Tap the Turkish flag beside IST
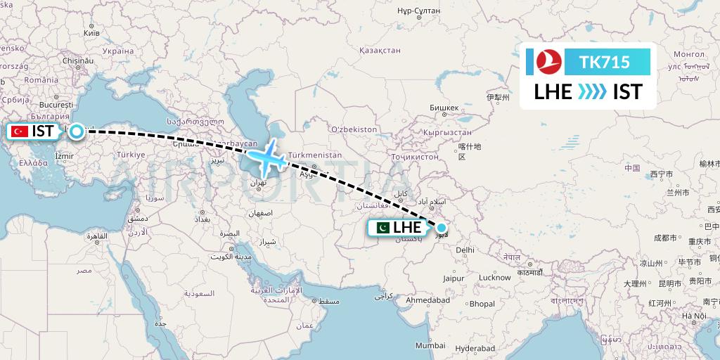[19, 131]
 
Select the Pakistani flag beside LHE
[382, 227]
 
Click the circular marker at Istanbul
[75, 131]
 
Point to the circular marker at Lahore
[441, 227]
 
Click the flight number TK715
[604, 63]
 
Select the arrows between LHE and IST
[592, 92]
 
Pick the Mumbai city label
[430, 345]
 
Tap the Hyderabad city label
[475, 349]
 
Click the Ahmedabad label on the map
[427, 300]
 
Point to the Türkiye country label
[131, 155]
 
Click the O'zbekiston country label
[354, 130]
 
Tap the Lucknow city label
[494, 277]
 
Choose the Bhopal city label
[482, 304]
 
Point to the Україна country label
[117, 51]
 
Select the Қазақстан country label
[380, 51]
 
